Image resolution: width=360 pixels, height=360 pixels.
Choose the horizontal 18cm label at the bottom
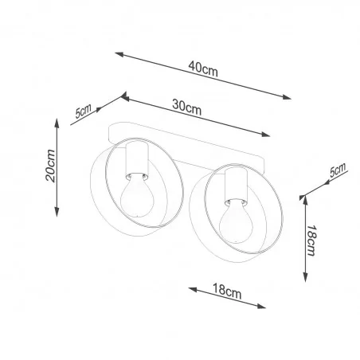[228, 292]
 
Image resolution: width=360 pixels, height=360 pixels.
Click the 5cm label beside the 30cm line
[84, 111]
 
